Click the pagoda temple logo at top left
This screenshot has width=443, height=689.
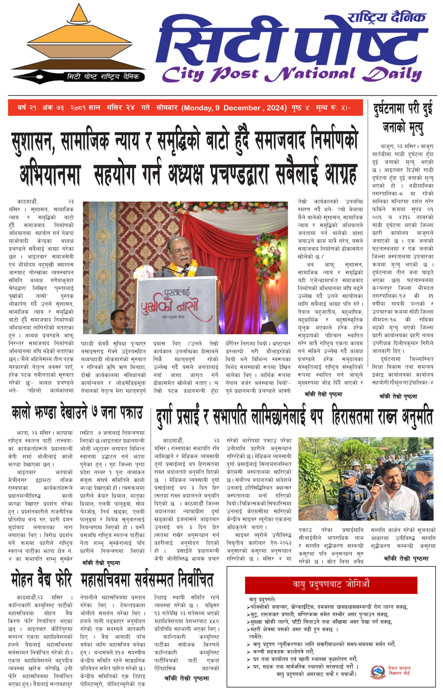tap(78, 43)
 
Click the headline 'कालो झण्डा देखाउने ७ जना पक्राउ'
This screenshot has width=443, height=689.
tap(77, 413)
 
